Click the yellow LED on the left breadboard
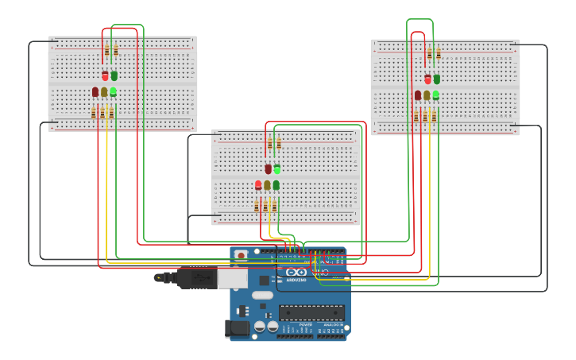[104, 92]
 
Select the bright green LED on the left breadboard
[113, 91]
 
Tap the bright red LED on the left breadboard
[105, 75]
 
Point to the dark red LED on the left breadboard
[95, 92]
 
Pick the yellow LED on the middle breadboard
[267, 185]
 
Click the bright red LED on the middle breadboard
[258, 185]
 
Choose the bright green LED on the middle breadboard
[276, 168]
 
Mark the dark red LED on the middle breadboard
[268, 168]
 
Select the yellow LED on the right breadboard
[427, 95]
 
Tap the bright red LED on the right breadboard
[427, 79]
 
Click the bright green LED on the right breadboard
[435, 95]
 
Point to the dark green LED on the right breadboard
[436, 79]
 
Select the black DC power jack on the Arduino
[236, 327]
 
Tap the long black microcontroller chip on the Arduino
[311, 312]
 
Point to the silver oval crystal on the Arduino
[262, 295]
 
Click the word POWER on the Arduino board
[305, 324]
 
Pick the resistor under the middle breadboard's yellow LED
[265, 206]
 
